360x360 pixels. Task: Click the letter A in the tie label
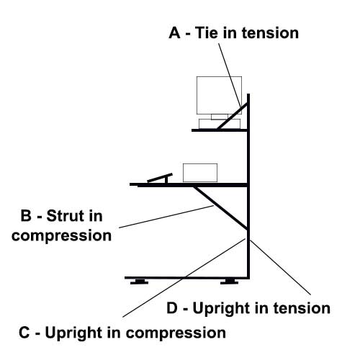[174, 32]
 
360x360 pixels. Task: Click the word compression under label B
[61, 236]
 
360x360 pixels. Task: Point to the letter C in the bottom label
[24, 333]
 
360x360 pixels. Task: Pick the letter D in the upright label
[172, 307]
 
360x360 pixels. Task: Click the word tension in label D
[302, 308]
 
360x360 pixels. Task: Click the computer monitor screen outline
[219, 95]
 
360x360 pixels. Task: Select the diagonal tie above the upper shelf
[233, 116]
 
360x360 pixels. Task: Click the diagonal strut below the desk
[220, 207]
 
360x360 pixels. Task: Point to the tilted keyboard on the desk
[160, 178]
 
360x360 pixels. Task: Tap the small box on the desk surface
[200, 173]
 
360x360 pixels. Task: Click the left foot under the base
[139, 282]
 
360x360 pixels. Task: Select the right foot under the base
[230, 282]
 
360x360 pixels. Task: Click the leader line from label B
[166, 217]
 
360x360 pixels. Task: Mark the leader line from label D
[280, 267]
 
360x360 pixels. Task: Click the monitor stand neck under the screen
[220, 117]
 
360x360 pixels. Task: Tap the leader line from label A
[230, 76]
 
